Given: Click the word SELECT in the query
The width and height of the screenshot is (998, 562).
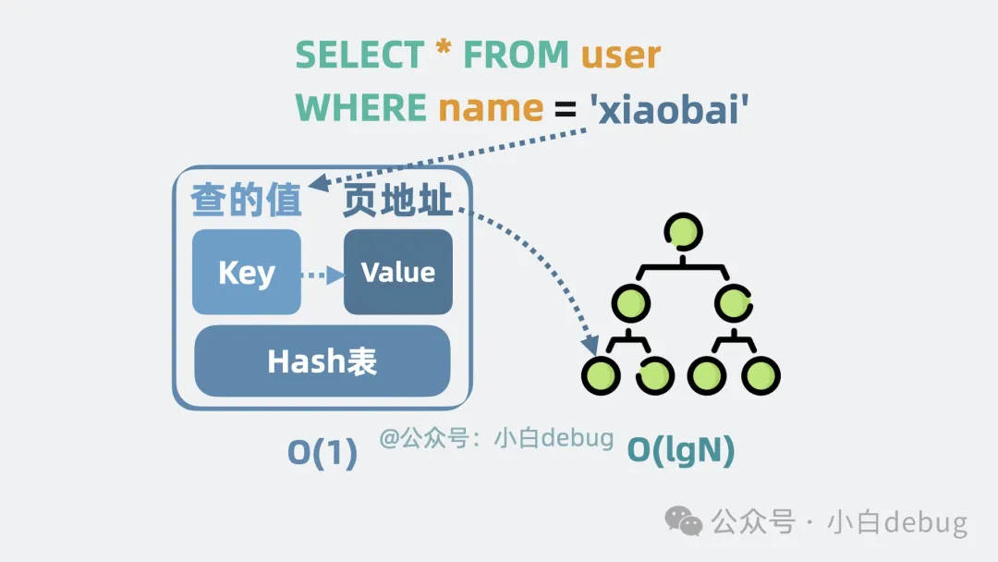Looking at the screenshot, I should [x=359, y=55].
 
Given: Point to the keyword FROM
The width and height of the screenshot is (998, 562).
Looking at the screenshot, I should [x=516, y=55].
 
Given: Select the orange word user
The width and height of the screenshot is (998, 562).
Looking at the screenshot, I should [x=620, y=56].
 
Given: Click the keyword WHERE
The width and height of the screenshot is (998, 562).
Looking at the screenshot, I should [x=360, y=109].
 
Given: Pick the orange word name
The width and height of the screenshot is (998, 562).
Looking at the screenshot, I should [x=490, y=109].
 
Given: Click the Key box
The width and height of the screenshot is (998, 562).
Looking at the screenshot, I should [x=247, y=273].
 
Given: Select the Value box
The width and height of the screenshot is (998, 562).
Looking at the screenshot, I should [x=398, y=273].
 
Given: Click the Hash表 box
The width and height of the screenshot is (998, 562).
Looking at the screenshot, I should [x=322, y=361].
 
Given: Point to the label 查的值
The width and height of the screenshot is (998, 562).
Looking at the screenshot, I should [x=247, y=201].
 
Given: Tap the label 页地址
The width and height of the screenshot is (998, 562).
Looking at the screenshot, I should [x=398, y=201].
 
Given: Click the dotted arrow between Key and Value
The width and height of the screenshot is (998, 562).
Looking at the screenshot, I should [x=322, y=274].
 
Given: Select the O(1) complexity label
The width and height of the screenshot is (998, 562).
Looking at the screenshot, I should [x=323, y=453].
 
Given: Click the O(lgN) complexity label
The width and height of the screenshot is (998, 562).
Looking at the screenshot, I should [x=681, y=450].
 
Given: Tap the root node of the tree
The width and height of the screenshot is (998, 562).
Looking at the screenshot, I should [x=681, y=231].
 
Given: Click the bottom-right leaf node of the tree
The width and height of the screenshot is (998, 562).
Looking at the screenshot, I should [x=761, y=375].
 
